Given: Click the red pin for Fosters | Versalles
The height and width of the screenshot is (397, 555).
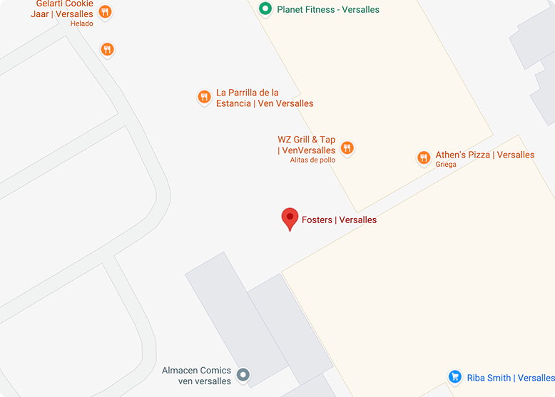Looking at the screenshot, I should [290, 217].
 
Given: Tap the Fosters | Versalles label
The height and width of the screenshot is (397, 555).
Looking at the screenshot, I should [339, 220].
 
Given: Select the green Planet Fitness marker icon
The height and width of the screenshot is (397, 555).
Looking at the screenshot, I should [265, 9].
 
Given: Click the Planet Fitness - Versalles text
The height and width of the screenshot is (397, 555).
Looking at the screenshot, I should [328, 9].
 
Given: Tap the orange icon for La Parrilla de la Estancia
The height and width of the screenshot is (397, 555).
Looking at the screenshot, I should [204, 97].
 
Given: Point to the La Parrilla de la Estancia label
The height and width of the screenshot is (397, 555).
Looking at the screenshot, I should [264, 98].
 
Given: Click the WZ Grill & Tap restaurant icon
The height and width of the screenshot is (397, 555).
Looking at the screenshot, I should [347, 148].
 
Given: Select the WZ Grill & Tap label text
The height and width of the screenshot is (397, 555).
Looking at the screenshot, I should [306, 145].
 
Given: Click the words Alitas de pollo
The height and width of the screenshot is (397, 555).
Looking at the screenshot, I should [312, 160].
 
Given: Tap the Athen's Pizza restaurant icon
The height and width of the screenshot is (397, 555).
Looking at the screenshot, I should [423, 157].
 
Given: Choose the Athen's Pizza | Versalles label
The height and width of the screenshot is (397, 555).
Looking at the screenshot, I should [484, 155].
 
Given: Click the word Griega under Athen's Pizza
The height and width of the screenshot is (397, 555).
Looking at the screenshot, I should [446, 165].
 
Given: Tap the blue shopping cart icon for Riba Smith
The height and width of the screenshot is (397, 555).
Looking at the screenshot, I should [455, 376].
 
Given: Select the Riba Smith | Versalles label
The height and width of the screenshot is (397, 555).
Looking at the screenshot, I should [510, 378].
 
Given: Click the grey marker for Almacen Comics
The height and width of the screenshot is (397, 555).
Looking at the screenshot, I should [243, 374].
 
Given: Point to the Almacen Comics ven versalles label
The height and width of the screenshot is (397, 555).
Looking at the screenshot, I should [196, 376].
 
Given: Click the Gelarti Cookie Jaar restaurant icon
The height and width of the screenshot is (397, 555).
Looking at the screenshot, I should [106, 11].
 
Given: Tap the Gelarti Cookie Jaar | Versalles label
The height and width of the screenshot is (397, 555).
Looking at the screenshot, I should [64, 9].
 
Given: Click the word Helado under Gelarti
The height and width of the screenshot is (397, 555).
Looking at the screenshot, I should [81, 24].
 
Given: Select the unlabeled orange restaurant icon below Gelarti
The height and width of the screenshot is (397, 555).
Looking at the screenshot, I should [107, 49].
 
